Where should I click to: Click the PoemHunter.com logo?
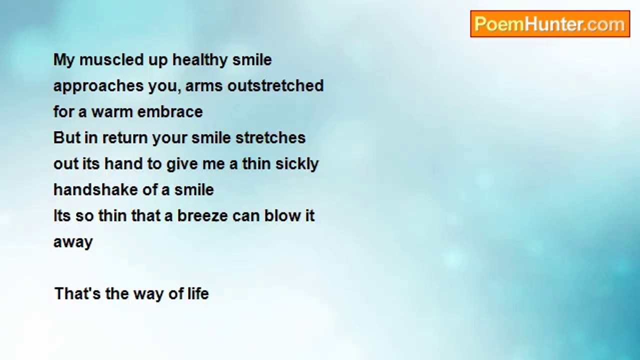[550, 24]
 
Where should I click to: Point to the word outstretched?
[275, 85]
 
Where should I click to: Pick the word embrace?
[170, 111]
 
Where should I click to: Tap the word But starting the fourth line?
[67, 137]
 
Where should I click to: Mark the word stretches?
[270, 137]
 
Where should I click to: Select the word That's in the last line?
[77, 293]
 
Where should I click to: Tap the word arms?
[203, 86]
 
